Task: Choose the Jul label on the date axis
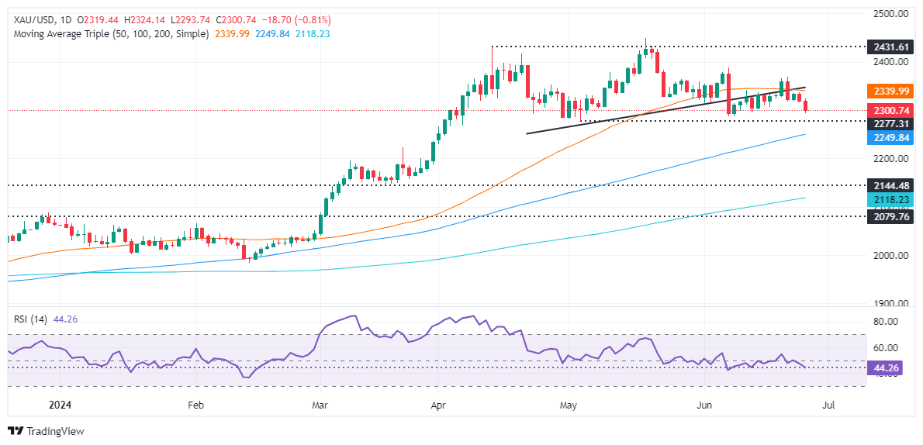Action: (828, 405)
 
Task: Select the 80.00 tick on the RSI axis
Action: (887, 321)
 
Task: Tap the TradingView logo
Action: (46, 431)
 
